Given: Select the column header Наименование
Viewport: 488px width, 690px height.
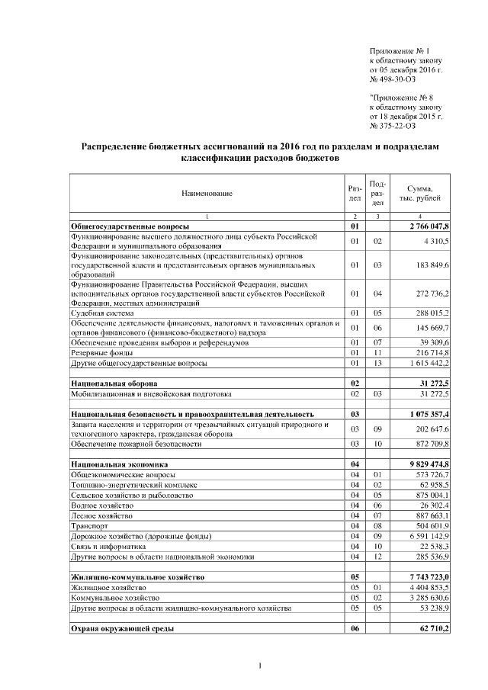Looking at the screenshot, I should (207, 194).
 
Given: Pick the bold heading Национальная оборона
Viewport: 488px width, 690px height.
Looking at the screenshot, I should (114, 382).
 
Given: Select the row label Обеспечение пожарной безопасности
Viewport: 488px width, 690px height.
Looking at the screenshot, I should (136, 443).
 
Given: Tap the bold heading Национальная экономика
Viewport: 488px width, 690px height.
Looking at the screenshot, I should (119, 464).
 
